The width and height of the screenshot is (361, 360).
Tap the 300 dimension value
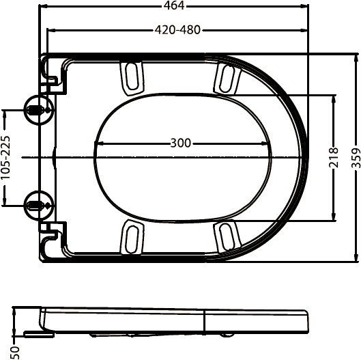point(180,143)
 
